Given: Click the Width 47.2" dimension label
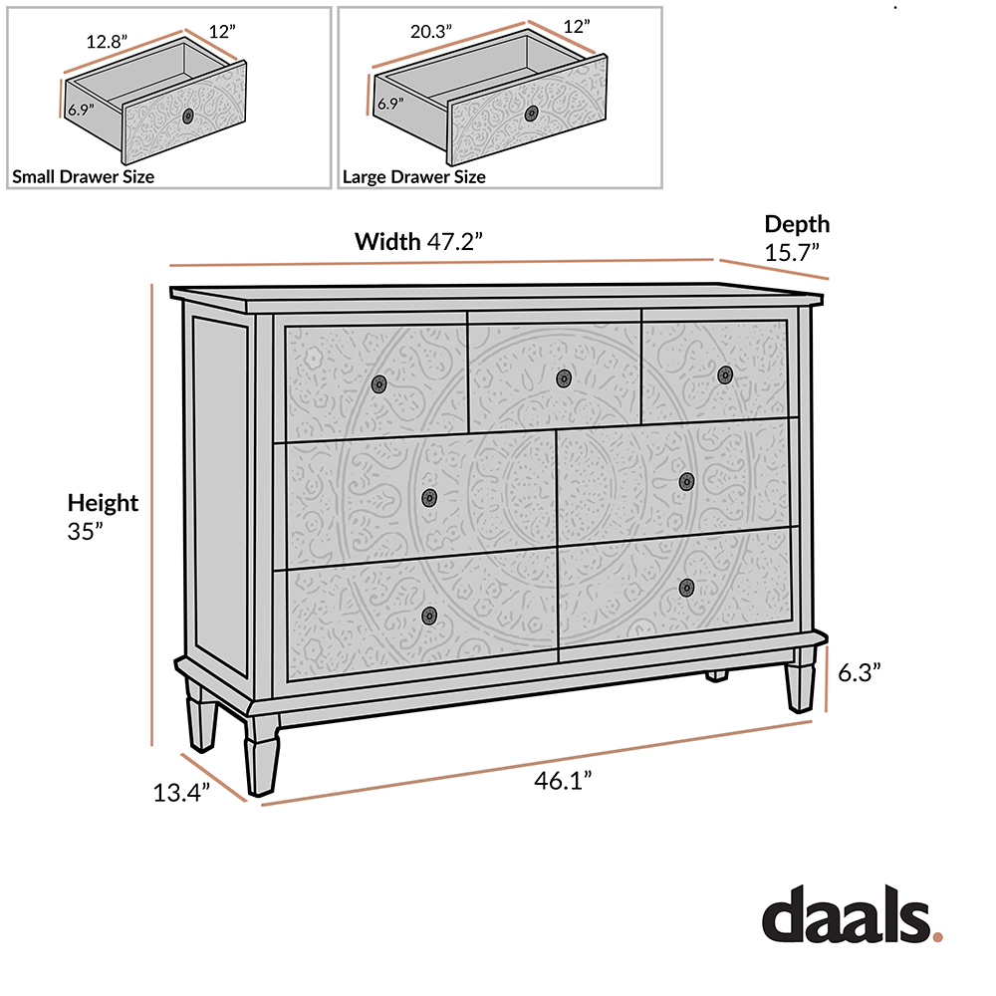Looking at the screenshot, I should [418, 241].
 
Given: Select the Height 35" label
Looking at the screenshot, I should [103, 517].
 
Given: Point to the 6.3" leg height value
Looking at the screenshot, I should [859, 673].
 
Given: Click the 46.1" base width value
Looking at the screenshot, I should [557, 781].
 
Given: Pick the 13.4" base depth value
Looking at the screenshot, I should [182, 793].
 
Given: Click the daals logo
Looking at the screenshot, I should [852, 914].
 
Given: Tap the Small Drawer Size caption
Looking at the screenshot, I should [83, 177].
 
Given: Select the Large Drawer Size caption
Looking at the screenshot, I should [414, 177].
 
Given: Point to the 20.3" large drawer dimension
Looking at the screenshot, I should [430, 32].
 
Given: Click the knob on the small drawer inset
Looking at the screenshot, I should [188, 117].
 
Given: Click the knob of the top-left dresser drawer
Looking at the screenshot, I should [378, 383].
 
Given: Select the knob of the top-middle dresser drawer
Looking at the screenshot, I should [564, 377].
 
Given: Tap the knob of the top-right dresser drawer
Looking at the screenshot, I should [724, 374].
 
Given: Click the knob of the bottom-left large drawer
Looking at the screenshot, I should [429, 614].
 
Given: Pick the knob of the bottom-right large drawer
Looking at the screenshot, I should [686, 588].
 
